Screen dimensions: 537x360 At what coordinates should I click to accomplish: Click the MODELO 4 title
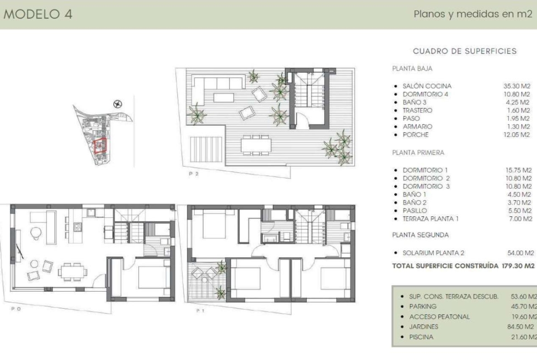click(38, 14)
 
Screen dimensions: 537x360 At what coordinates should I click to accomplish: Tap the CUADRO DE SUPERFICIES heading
click(464, 51)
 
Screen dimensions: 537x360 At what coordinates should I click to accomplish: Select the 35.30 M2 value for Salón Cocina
click(516, 86)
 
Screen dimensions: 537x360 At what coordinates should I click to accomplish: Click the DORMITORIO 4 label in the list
click(425, 94)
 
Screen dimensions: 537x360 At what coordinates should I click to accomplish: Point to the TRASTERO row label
click(417, 110)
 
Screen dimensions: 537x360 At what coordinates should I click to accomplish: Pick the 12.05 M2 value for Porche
click(516, 134)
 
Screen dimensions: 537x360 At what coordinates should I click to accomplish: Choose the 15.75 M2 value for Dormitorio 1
click(519, 170)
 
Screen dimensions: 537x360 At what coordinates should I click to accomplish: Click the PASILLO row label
click(414, 210)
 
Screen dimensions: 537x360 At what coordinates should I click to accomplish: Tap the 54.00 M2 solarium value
click(520, 253)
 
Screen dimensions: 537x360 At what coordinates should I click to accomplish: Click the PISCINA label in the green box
click(421, 337)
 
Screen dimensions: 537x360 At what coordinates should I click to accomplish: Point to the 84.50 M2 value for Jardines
click(520, 327)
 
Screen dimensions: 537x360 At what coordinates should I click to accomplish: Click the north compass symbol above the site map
click(118, 104)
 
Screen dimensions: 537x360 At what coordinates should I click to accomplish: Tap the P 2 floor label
click(194, 174)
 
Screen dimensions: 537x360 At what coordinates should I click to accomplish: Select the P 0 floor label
click(16, 309)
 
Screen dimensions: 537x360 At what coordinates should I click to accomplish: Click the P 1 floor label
click(201, 311)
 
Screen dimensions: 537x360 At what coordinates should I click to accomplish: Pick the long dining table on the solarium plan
click(256, 145)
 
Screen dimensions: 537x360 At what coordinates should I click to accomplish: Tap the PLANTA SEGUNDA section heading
click(420, 235)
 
